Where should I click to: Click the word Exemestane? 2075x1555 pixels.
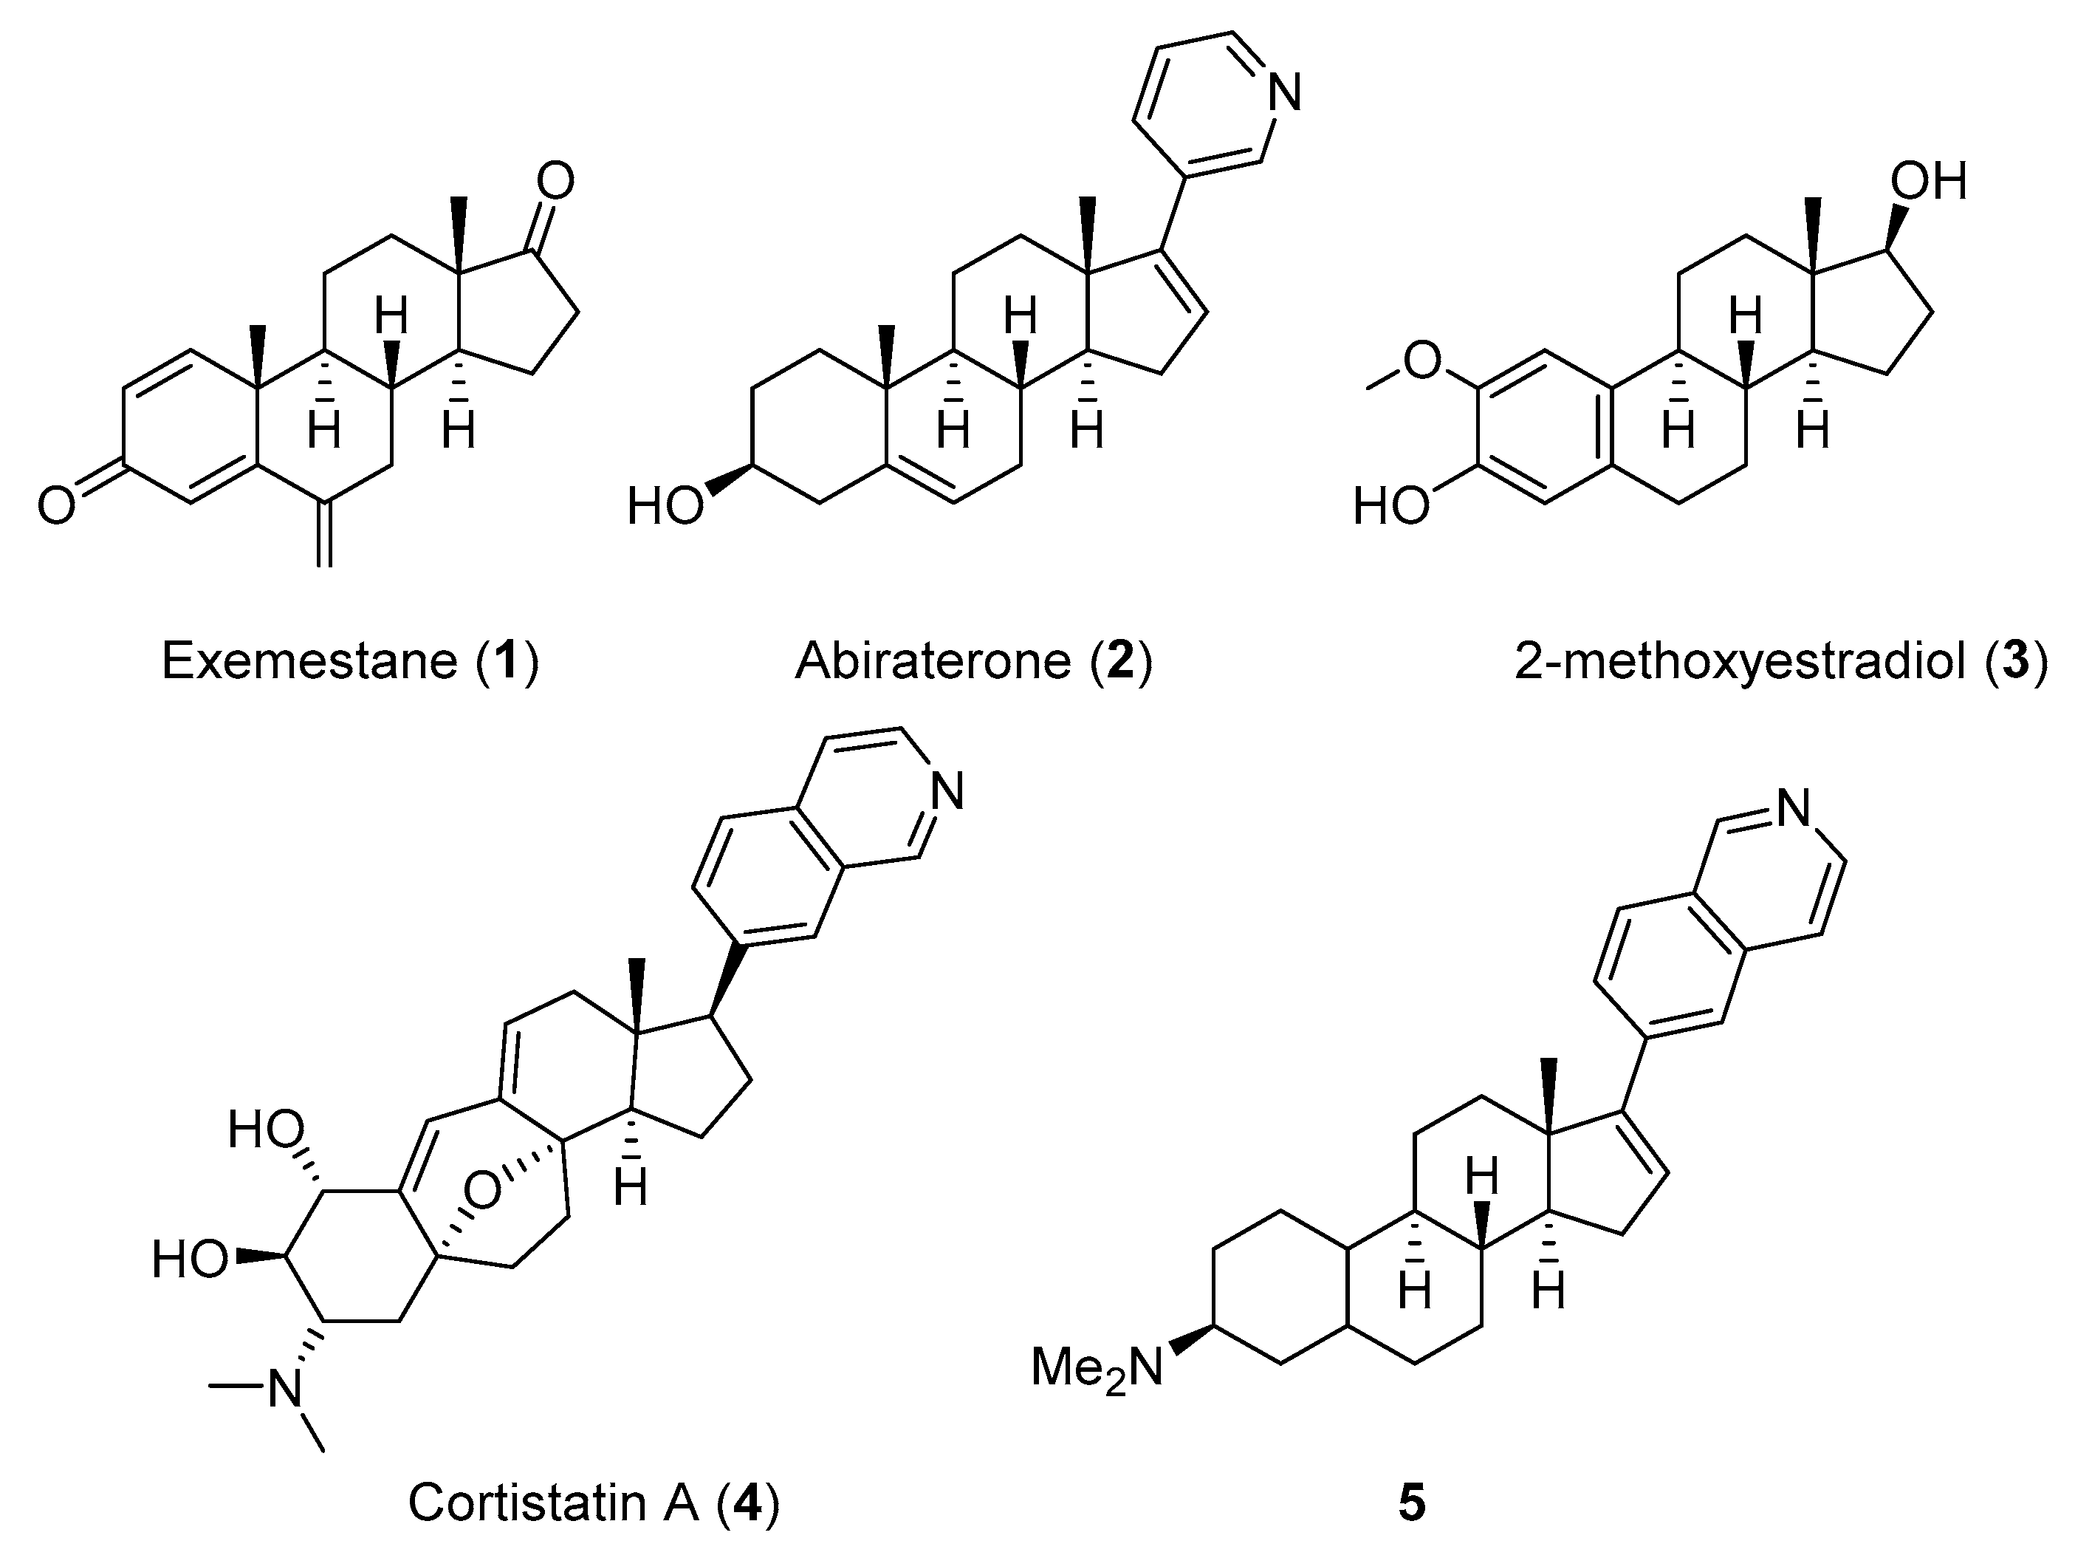(309, 662)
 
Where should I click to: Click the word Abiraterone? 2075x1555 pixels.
(933, 662)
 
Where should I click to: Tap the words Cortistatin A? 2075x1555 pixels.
(554, 1503)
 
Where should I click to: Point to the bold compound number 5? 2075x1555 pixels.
(1412, 1503)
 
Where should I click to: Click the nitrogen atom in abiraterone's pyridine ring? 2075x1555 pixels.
(1283, 94)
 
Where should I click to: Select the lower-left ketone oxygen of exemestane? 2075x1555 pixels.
(55, 507)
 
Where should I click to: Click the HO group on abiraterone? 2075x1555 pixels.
(664, 507)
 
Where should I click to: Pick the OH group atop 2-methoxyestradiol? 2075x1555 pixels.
(1929, 181)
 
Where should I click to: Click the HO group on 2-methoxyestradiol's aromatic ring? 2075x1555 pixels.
(1391, 507)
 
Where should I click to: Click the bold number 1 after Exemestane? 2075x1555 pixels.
(507, 662)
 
